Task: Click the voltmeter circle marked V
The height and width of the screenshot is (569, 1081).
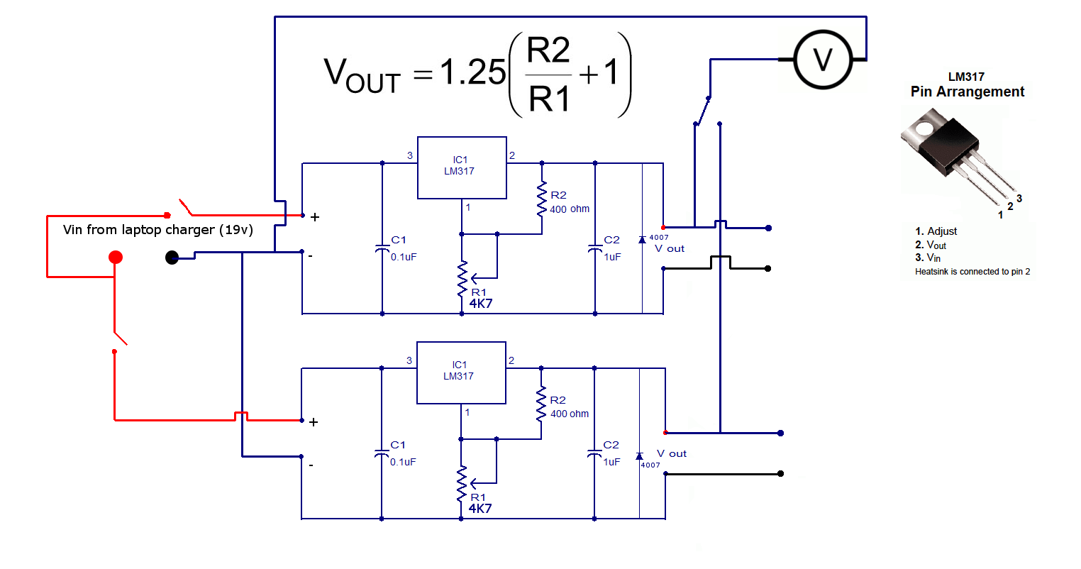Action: click(x=822, y=60)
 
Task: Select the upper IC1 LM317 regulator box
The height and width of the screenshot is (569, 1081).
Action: click(x=462, y=167)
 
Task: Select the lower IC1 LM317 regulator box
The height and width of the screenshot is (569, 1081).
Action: click(x=461, y=372)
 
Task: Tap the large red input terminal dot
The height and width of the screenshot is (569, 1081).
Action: click(x=116, y=257)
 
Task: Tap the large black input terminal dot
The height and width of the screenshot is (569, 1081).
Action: click(x=172, y=258)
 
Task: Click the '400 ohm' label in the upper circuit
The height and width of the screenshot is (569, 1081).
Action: click(x=569, y=209)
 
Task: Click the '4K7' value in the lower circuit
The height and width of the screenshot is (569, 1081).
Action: click(x=479, y=509)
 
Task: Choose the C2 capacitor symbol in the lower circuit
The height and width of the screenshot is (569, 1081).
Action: click(x=594, y=453)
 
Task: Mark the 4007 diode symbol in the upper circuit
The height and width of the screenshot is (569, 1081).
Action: click(x=642, y=240)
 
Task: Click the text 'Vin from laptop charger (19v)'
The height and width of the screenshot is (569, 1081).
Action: click(x=157, y=230)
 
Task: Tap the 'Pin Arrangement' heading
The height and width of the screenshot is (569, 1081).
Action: click(x=967, y=92)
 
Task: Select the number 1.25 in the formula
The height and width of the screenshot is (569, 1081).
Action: click(x=472, y=72)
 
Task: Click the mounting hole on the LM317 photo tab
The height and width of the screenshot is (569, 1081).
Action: click(x=923, y=128)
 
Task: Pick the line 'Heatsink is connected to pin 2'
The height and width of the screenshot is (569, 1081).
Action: click(x=972, y=272)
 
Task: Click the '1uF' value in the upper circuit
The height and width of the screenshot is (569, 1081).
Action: click(x=612, y=257)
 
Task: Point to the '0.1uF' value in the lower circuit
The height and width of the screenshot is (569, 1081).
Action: click(x=403, y=462)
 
